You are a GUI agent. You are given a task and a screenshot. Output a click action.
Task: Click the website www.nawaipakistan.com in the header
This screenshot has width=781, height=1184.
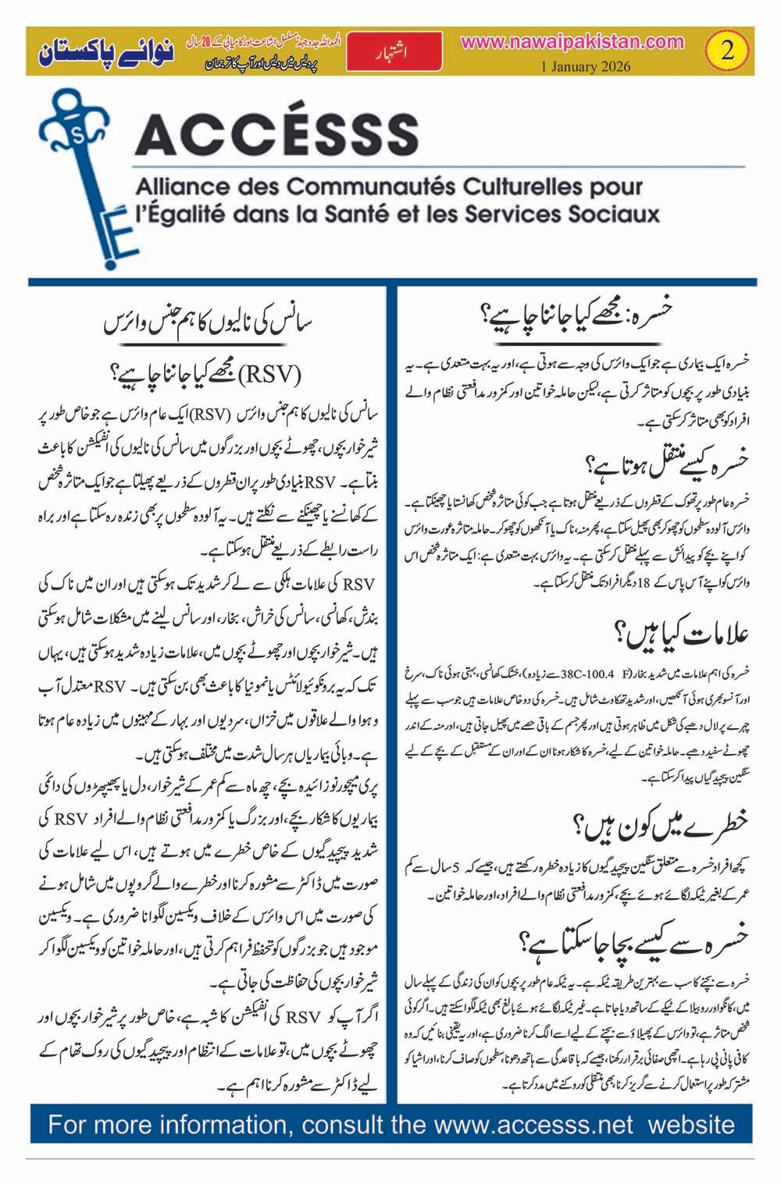(x=572, y=42)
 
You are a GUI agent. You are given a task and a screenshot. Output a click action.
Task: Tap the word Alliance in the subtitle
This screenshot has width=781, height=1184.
(x=183, y=187)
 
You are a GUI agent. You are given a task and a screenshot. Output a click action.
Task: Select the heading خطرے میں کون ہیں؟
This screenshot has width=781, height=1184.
(x=660, y=822)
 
